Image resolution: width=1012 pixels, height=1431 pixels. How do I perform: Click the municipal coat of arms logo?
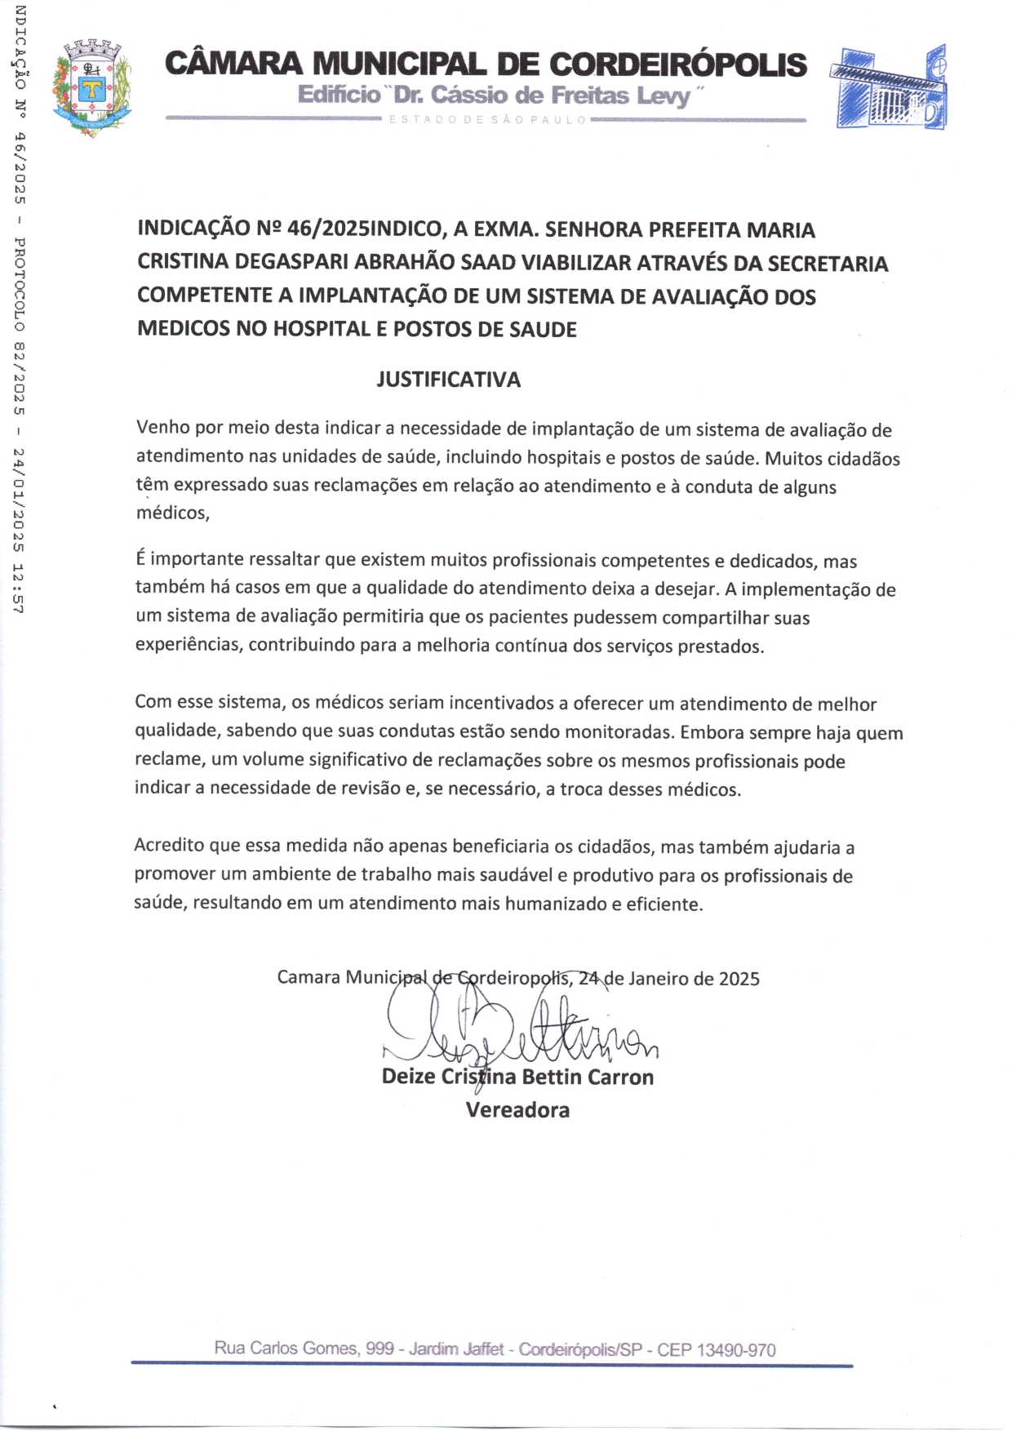click(x=92, y=87)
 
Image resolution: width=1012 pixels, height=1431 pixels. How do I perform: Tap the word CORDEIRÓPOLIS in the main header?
click(x=677, y=64)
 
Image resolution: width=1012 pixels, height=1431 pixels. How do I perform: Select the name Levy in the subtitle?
click(x=663, y=96)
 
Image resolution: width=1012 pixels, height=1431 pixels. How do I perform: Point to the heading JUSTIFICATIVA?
click(x=448, y=380)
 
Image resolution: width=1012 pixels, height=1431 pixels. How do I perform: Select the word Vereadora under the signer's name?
click(x=517, y=1110)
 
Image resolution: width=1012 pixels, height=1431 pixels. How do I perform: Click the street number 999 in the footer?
click(x=379, y=1349)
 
